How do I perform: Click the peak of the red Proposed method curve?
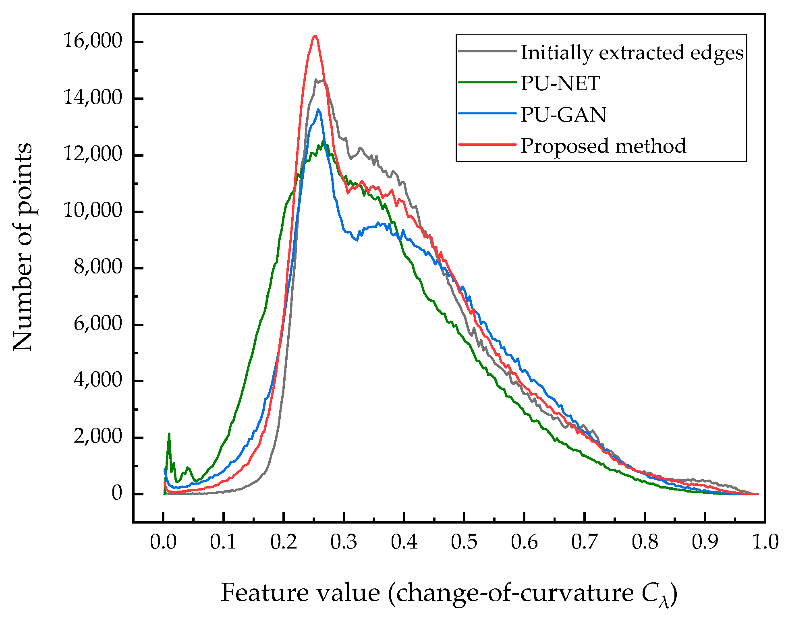point(315,36)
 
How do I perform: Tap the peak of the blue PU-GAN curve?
point(318,110)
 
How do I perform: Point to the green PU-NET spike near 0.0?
point(169,434)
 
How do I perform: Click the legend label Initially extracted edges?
point(632,53)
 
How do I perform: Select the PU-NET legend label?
point(560,83)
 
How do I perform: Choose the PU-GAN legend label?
point(563,115)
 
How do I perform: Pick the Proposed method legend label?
point(603,146)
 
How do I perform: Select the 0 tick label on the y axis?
point(117,493)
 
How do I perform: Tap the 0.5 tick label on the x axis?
point(464,542)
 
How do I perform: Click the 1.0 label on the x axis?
point(765,542)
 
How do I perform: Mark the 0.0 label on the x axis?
point(163,542)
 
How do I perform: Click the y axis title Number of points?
point(23,246)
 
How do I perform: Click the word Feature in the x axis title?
point(263,592)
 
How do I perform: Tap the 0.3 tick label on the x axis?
point(344,542)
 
